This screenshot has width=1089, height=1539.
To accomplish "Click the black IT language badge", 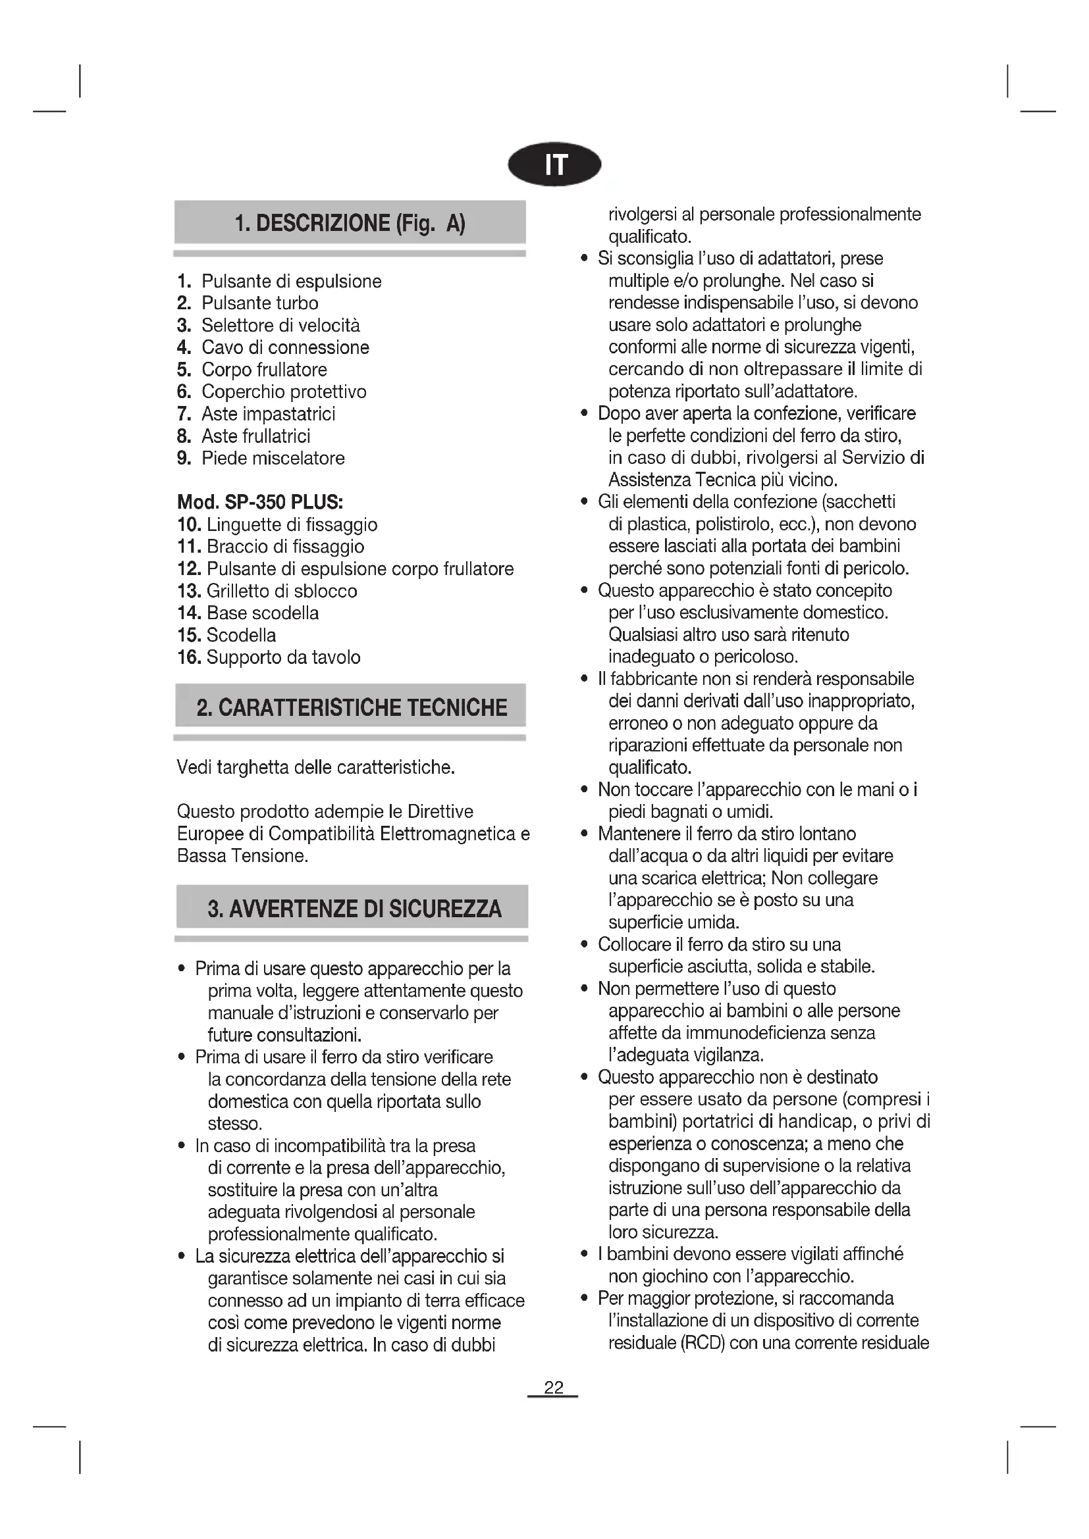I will point(554,164).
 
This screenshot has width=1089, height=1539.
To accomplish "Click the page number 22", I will point(553,1387).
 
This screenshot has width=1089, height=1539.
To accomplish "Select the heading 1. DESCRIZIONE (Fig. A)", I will point(350,222).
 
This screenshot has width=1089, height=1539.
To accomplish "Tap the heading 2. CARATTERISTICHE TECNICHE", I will point(352,707).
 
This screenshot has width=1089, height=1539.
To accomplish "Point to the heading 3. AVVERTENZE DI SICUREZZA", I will point(354,908).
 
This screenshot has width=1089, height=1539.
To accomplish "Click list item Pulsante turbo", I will point(259,303).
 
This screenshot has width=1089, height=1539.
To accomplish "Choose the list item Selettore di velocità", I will point(280,325).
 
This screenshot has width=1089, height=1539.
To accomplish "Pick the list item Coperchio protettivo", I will point(284,391).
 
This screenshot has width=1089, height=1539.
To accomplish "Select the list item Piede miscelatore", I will point(273,458).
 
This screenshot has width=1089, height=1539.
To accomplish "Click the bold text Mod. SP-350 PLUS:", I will point(260,502).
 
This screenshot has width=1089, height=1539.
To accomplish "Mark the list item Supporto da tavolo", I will point(283,657).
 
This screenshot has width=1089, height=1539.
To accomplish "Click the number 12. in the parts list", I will point(189,568).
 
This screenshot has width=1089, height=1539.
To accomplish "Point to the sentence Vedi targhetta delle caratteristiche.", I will point(316,767).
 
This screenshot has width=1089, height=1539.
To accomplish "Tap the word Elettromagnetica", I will point(448,833).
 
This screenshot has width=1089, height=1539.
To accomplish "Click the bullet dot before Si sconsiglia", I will point(585,259).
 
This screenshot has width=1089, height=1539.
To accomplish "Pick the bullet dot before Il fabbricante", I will point(585,679).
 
